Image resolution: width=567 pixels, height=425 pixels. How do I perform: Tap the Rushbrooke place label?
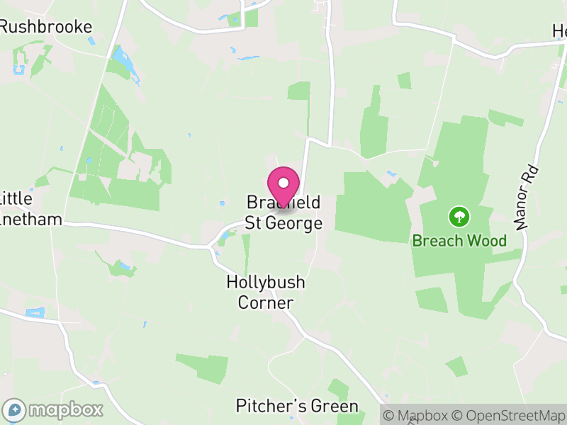pyautogui.click(x=45, y=27)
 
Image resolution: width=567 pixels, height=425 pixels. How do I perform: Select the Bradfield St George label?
pyautogui.click(x=283, y=212)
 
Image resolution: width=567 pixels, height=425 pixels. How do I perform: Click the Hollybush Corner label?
pyautogui.click(x=266, y=293)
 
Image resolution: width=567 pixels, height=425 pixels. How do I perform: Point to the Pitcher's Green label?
pyautogui.click(x=297, y=407)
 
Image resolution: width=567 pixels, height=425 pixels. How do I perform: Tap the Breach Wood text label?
pyautogui.click(x=459, y=241)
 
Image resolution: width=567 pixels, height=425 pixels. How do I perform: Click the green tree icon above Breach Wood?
pyautogui.click(x=459, y=215)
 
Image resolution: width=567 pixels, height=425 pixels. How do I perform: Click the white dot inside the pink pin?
pyautogui.click(x=283, y=183)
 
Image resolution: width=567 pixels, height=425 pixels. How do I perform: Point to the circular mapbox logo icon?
pyautogui.click(x=15, y=409)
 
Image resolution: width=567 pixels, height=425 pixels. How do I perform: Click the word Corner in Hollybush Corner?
pyautogui.click(x=266, y=303)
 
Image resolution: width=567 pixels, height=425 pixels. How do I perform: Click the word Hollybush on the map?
pyautogui.click(x=266, y=282)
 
